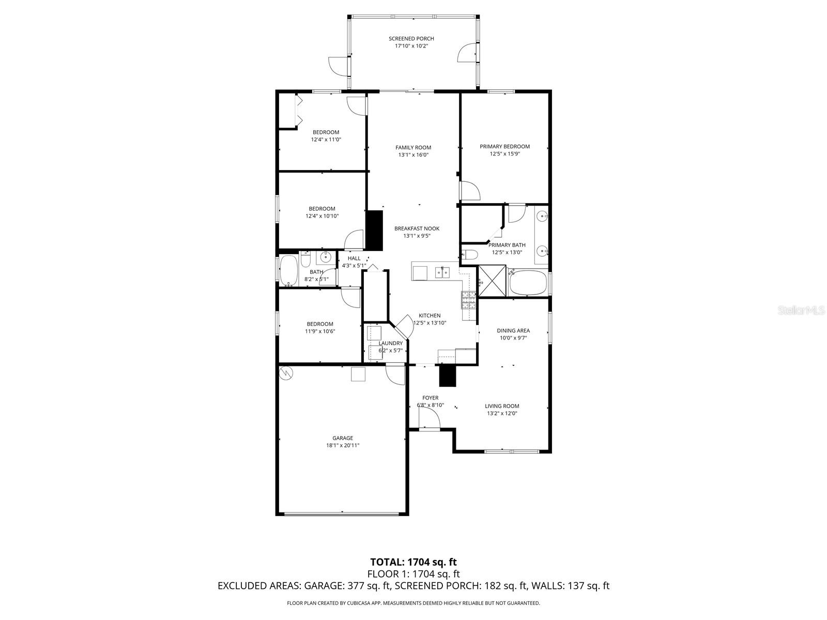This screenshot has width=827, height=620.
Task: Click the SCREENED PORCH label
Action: click(411, 38)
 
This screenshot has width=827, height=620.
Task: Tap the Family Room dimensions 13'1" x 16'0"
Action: click(413, 154)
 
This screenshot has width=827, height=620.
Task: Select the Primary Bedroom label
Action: click(504, 146)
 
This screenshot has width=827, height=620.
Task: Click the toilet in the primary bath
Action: click(469, 254)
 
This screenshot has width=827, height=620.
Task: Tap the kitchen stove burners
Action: click(468, 300)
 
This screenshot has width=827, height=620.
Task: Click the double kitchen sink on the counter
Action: click(442, 271)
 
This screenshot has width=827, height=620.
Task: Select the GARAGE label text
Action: click(343, 438)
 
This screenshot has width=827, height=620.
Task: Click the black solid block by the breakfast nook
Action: click(374, 230)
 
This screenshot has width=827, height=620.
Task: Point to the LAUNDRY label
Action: click(390, 343)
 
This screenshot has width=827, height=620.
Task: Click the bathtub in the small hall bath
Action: click(288, 271)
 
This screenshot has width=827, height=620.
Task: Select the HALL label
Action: click(354, 258)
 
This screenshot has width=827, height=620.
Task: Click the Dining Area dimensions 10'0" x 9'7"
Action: click(513, 338)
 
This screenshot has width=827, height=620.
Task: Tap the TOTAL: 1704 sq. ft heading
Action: click(413, 562)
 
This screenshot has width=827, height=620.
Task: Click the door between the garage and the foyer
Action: click(395, 374)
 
